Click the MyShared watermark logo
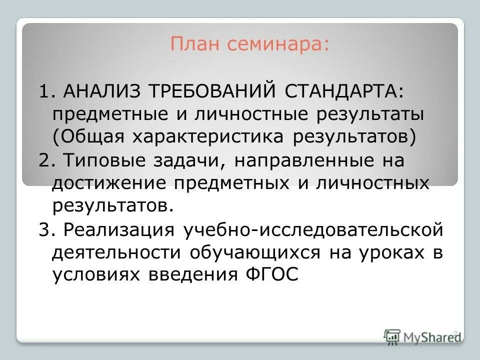422,336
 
